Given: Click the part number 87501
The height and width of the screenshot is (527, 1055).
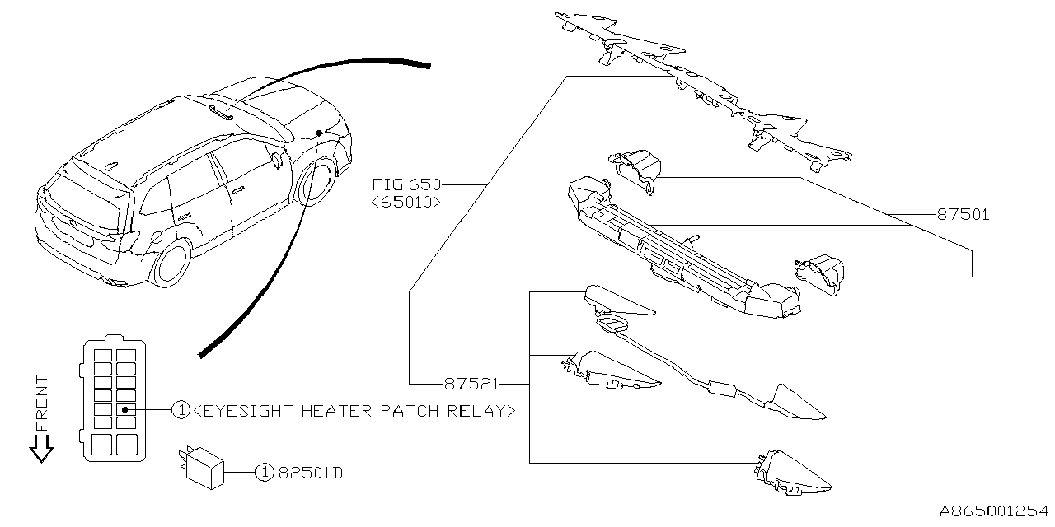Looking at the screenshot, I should tap(963, 215).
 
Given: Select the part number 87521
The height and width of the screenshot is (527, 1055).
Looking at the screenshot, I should tap(471, 384).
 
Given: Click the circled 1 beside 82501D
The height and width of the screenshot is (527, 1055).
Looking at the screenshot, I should tap(263, 473).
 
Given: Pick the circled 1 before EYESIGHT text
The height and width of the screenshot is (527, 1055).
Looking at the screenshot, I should tap(181, 410).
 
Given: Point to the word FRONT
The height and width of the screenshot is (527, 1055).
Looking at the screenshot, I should tap(42, 403).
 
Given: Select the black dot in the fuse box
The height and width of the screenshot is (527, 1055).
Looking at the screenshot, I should tap(124, 409).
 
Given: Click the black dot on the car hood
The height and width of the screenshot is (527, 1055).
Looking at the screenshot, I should tap(318, 133).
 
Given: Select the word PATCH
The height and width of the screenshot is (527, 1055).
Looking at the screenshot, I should tap(410, 410).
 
